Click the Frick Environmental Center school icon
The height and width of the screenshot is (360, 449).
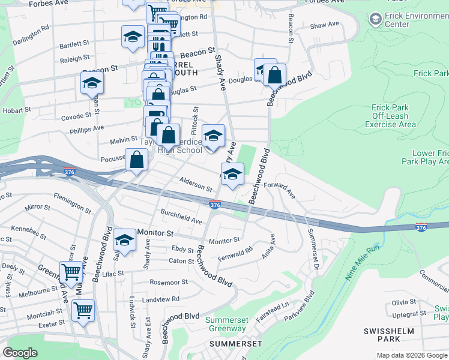(376, 19)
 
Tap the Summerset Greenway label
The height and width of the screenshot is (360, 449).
(226, 324)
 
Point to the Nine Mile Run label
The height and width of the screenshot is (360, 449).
(363, 264)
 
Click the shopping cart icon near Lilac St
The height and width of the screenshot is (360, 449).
(71, 271)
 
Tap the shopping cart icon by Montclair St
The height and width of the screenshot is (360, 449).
(83, 310)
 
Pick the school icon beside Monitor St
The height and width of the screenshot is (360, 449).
(124, 240)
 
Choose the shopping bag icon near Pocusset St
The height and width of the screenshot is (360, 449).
(137, 160)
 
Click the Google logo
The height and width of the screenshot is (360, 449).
(20, 353)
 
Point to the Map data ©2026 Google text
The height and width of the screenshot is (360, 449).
(412, 355)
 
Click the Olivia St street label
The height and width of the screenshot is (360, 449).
(404, 302)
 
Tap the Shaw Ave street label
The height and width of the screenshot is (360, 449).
(325, 25)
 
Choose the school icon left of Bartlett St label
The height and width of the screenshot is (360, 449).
(132, 37)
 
